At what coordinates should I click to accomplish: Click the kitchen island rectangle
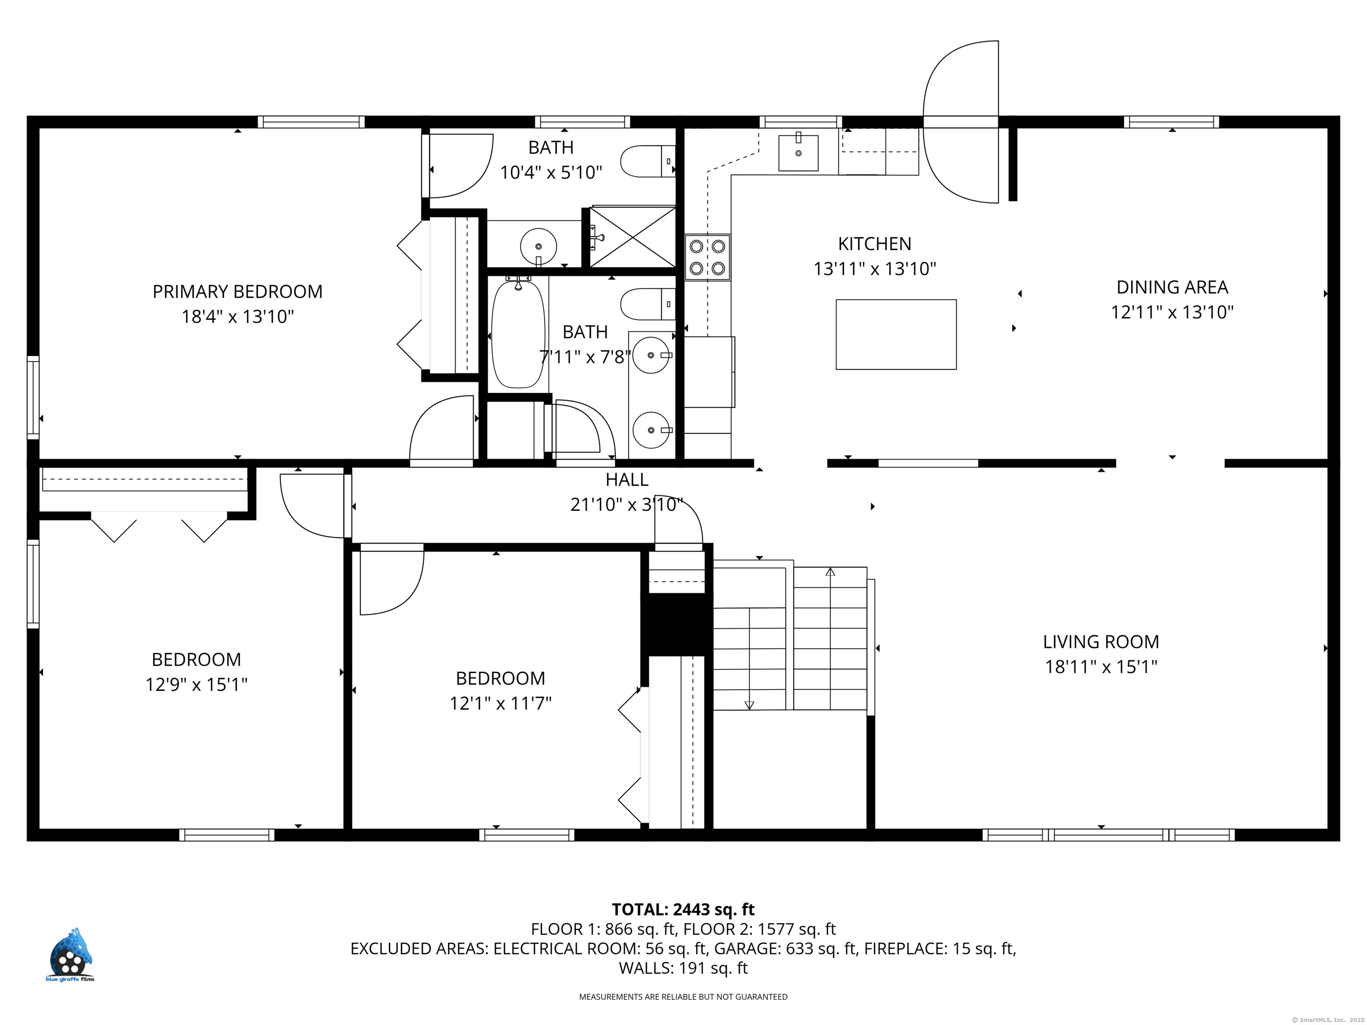(x=896, y=334)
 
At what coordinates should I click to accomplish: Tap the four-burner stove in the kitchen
(x=707, y=257)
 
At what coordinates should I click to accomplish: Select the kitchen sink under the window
(x=798, y=153)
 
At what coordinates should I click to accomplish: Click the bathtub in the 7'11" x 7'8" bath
(x=518, y=333)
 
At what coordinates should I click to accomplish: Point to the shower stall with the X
(x=632, y=237)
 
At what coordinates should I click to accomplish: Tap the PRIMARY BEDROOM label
(x=237, y=292)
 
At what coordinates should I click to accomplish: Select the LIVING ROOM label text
(x=1100, y=642)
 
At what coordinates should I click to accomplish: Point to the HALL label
(x=627, y=480)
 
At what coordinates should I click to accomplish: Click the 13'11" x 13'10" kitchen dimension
(x=874, y=269)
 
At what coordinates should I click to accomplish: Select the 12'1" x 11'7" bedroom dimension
(x=500, y=703)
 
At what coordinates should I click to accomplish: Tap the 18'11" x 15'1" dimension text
(x=1100, y=667)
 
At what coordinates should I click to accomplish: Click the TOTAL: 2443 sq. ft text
(x=683, y=909)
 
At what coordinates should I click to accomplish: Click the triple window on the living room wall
(x=1108, y=835)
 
